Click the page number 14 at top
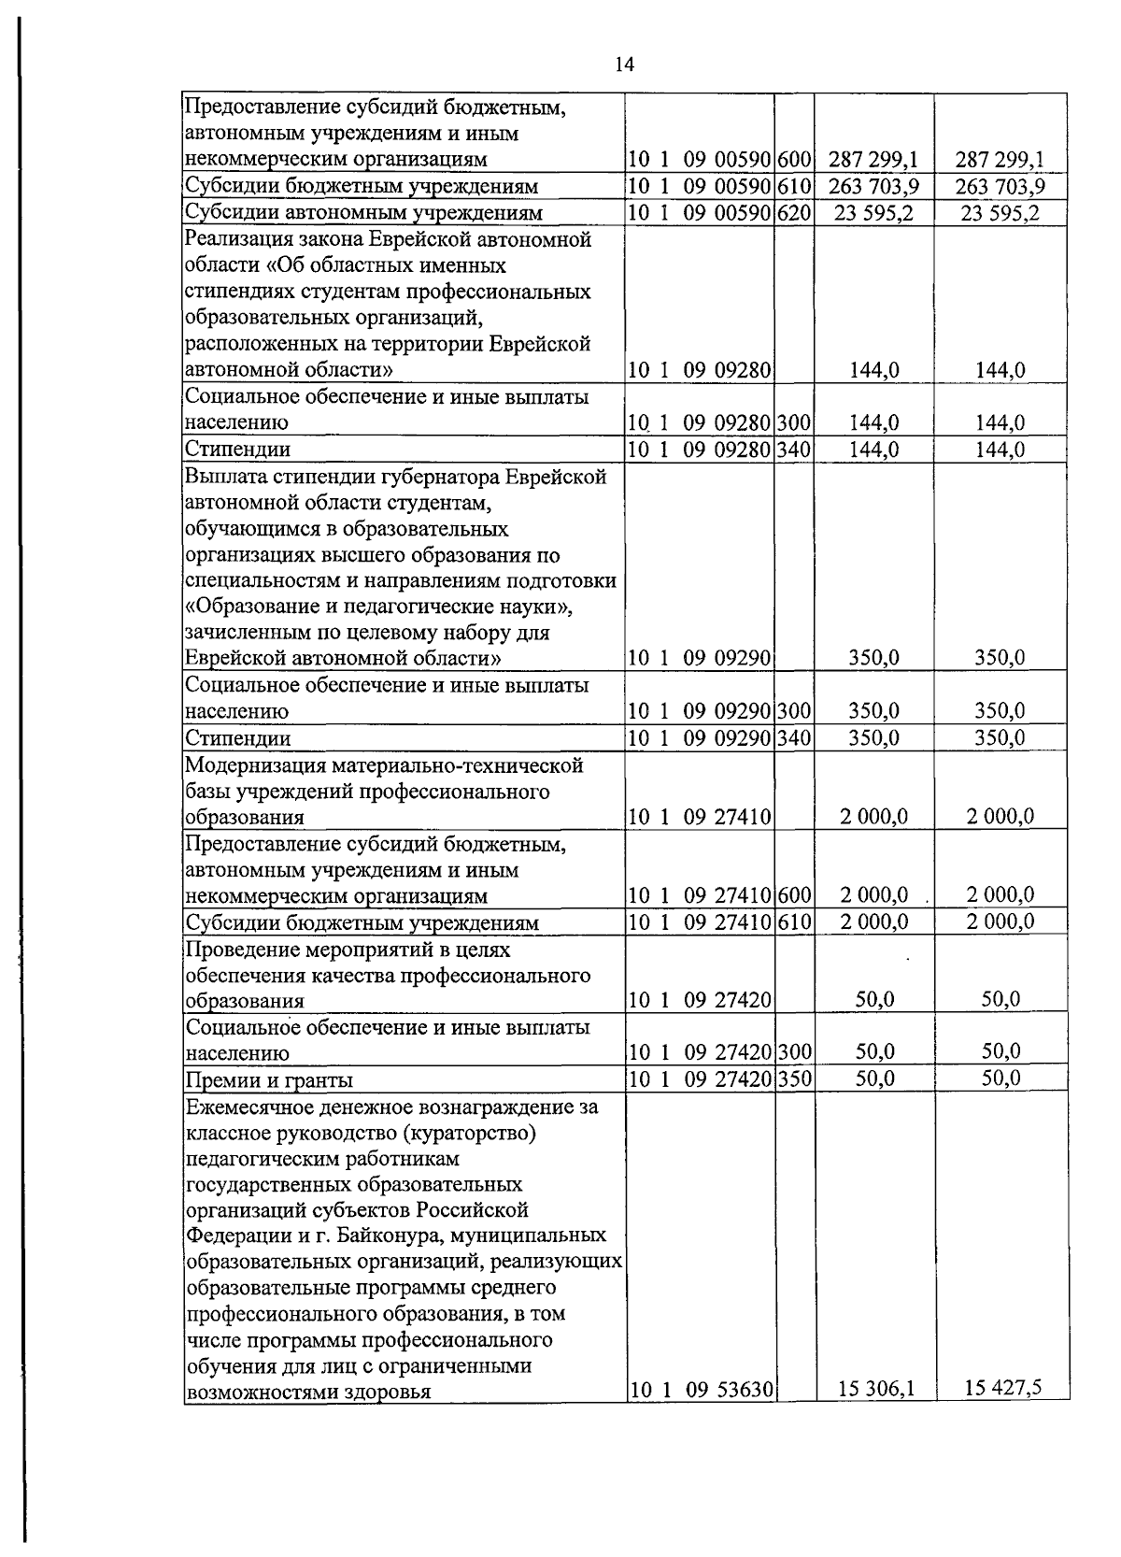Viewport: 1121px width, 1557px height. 624,64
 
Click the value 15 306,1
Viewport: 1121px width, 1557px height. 875,1390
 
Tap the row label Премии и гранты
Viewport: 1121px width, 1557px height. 269,1080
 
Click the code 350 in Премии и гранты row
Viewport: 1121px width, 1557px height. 794,1079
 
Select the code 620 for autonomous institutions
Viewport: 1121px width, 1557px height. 794,213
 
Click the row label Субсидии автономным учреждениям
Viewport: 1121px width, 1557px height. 363,213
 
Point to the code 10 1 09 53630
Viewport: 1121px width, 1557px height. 700,1390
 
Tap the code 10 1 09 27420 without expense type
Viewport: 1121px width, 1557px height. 700,1000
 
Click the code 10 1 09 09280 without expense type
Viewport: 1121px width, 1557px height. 700,370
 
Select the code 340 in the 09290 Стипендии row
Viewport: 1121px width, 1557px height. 794,738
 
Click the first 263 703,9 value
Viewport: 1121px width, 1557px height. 873,187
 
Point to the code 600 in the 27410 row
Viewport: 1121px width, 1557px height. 794,896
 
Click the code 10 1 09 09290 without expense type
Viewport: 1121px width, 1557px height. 700,658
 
